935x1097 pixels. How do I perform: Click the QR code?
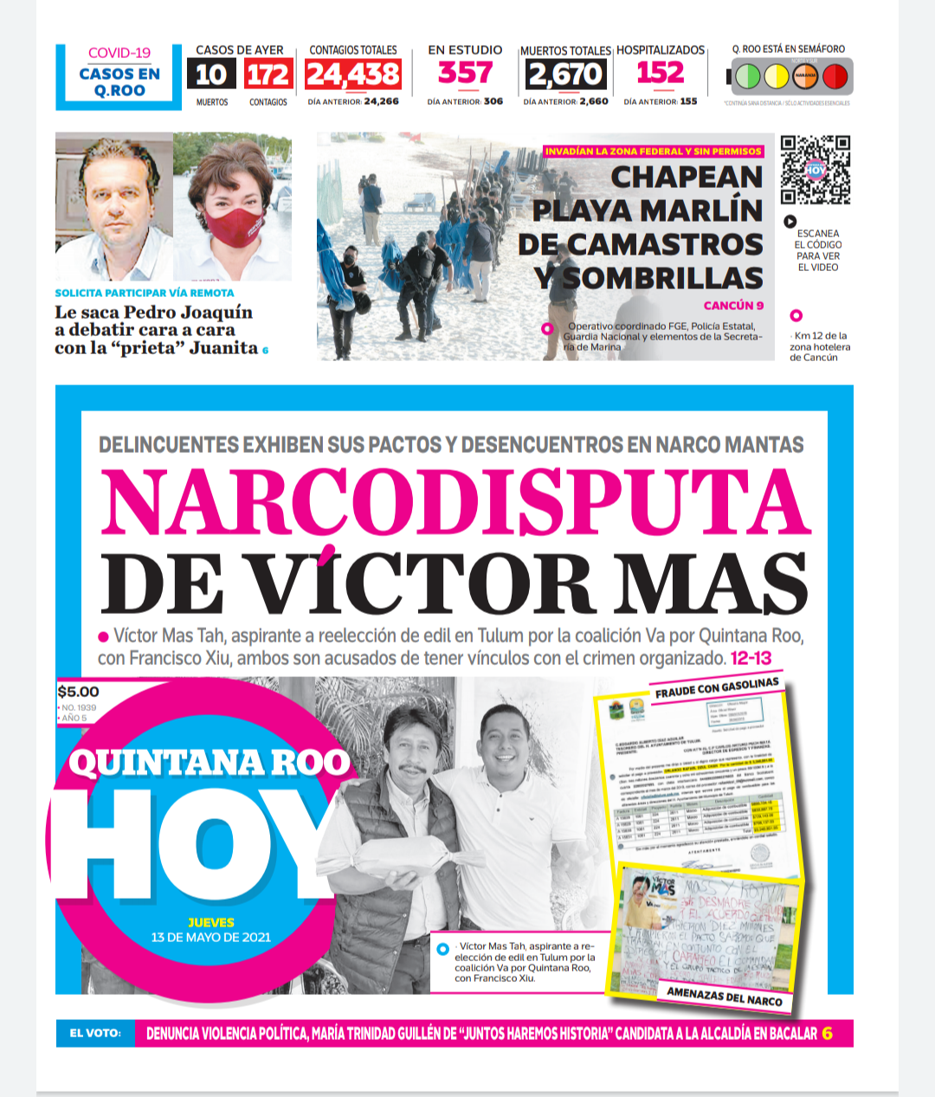815,170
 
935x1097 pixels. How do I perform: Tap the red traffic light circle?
835,77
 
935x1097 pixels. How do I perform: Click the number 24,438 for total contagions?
352,75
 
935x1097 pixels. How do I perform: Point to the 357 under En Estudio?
465,74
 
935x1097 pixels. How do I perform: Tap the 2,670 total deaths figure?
565,75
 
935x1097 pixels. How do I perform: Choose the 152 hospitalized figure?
660,74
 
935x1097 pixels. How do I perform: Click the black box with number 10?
211,75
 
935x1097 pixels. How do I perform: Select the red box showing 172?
268,75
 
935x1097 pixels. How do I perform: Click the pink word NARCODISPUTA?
455,502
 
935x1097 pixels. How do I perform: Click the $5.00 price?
79,692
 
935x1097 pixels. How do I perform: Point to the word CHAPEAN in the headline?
687,177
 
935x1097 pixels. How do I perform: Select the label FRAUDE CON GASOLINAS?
716,687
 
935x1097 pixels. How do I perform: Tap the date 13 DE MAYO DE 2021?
210,937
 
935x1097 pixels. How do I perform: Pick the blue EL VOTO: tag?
95,1033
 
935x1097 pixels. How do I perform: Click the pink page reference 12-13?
751,658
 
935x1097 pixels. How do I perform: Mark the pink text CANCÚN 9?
733,305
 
